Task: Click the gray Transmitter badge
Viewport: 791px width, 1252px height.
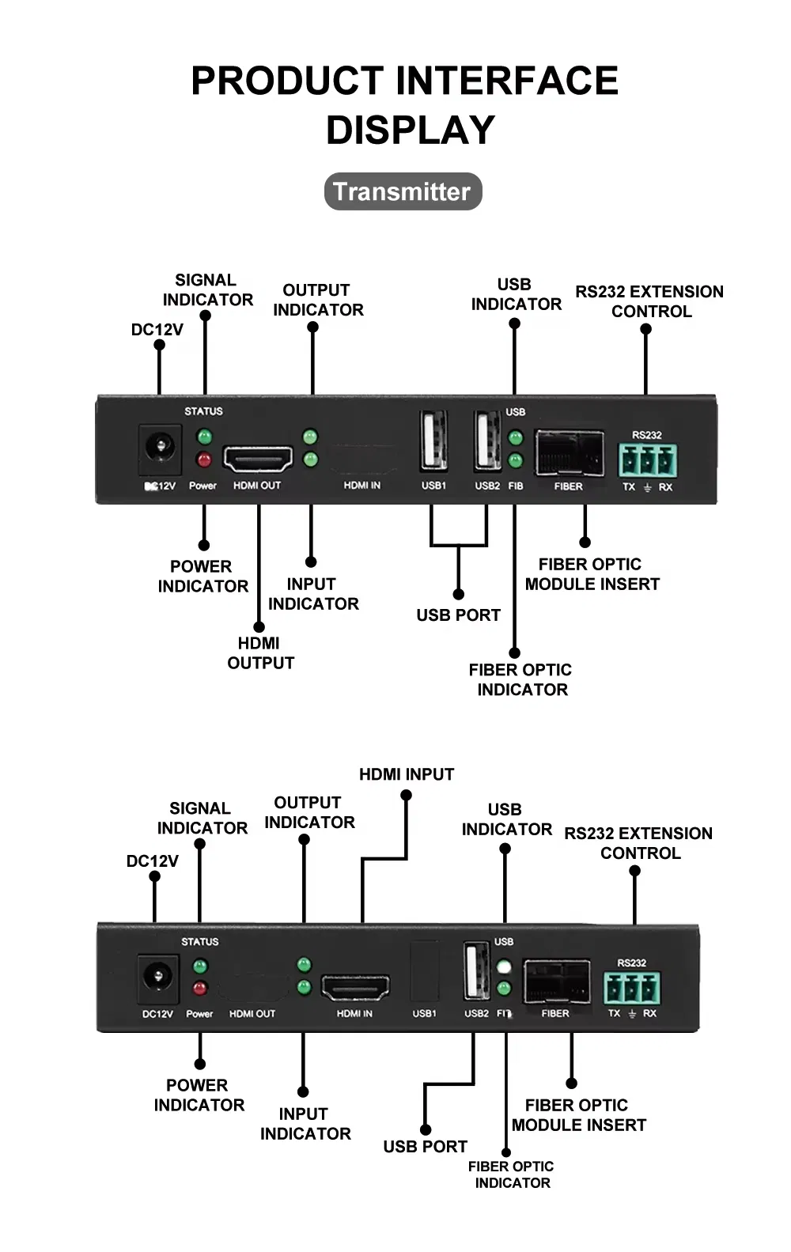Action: pyautogui.click(x=403, y=191)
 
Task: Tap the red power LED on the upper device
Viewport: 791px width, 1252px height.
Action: pyautogui.click(x=204, y=460)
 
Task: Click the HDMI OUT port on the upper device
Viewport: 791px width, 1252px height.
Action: pyautogui.click(x=258, y=459)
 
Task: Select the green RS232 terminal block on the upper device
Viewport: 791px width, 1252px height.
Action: pyautogui.click(x=647, y=460)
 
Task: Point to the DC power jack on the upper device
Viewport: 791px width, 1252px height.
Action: pyautogui.click(x=160, y=448)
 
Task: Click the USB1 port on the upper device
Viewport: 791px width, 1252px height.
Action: pyautogui.click(x=433, y=441)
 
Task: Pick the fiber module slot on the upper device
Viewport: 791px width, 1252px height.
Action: pyautogui.click(x=569, y=452)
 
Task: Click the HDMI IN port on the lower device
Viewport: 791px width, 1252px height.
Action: pyautogui.click(x=355, y=987)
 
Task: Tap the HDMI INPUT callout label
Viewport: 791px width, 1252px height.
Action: pyautogui.click(x=407, y=774)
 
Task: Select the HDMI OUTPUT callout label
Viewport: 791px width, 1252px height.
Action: pyautogui.click(x=260, y=653)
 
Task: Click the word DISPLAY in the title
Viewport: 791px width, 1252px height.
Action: pyautogui.click(x=411, y=130)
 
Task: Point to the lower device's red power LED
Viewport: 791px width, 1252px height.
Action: pyautogui.click(x=200, y=988)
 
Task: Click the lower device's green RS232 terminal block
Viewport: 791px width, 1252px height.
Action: pyautogui.click(x=631, y=988)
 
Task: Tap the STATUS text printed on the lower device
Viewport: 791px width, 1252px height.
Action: pyautogui.click(x=199, y=942)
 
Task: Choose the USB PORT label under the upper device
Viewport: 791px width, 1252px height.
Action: pyautogui.click(x=458, y=615)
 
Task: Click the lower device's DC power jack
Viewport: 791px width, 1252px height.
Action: pyautogui.click(x=157, y=976)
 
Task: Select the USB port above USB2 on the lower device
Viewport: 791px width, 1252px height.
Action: pyautogui.click(x=476, y=970)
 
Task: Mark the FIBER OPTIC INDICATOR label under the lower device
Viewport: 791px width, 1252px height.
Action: pyautogui.click(x=511, y=1174)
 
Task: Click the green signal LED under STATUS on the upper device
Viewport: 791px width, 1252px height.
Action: pyautogui.click(x=204, y=437)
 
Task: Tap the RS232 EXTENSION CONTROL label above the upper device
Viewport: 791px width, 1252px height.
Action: pyautogui.click(x=649, y=301)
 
